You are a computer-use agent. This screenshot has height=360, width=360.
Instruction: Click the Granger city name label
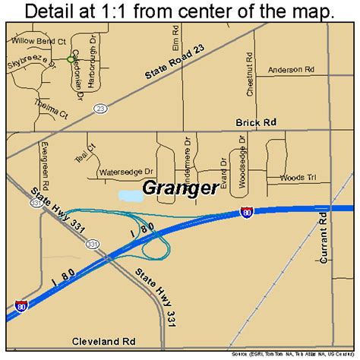point(179,190)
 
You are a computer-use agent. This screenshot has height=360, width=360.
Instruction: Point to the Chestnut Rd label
point(250,74)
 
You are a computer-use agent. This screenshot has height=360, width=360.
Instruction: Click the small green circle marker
point(71,58)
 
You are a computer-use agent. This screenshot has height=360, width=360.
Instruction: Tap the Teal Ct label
point(91,151)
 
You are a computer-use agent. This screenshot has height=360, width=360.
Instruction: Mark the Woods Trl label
point(297,178)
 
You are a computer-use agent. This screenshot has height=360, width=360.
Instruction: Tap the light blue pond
point(131,196)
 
